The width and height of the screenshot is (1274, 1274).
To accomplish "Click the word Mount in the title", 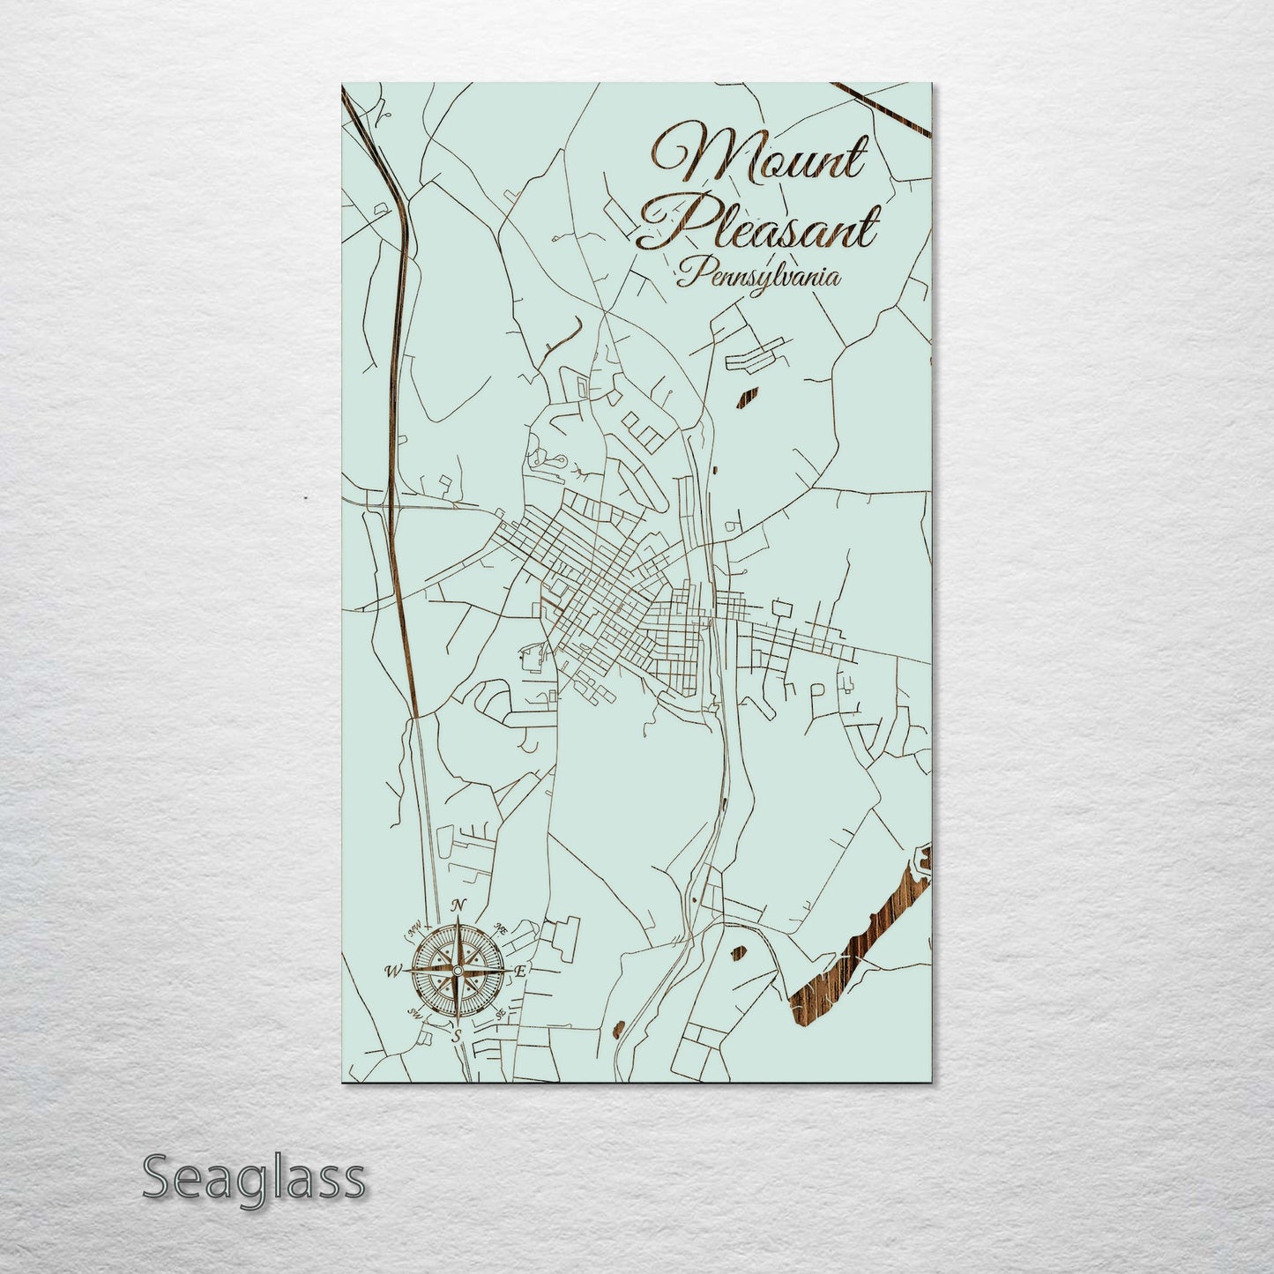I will (x=758, y=159).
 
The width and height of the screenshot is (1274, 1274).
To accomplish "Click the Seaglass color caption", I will (x=253, y=1178).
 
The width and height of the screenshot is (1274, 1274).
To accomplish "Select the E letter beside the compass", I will (x=520, y=971).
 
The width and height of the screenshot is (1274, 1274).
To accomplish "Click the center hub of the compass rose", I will (x=456, y=971).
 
